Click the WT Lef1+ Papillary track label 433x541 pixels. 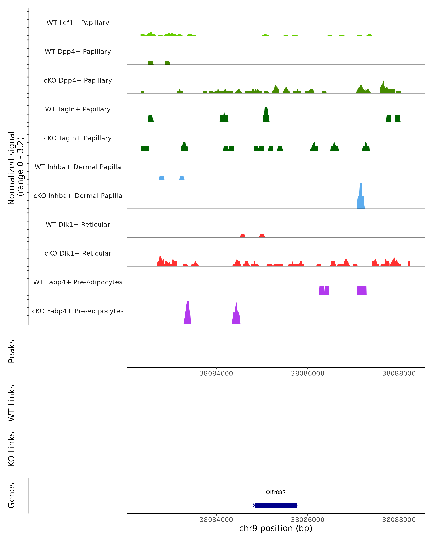point(78,23)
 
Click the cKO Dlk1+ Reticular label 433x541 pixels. point(78,253)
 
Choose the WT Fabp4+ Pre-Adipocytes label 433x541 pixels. point(78,282)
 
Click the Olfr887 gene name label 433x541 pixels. point(276,492)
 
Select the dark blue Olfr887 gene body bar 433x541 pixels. point(276,505)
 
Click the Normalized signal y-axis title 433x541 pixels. point(16,168)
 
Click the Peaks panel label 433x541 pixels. point(12,351)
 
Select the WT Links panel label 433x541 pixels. point(12,403)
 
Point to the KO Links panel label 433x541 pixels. point(12,449)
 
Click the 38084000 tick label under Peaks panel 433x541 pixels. point(216,373)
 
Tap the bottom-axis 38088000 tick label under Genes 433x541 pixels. point(399,520)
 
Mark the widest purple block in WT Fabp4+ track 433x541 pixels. point(362,290)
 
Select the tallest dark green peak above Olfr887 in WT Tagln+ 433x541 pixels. point(266,115)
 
